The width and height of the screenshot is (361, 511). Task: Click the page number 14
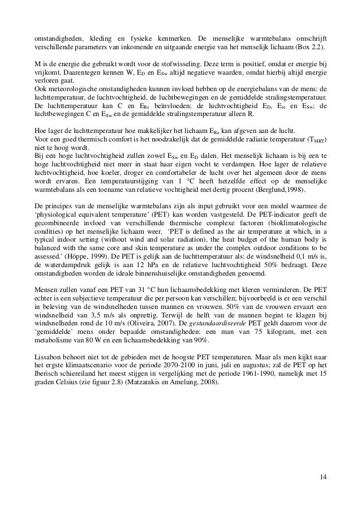click(x=322, y=481)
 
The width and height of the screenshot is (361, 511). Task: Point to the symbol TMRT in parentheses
click(x=315, y=142)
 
